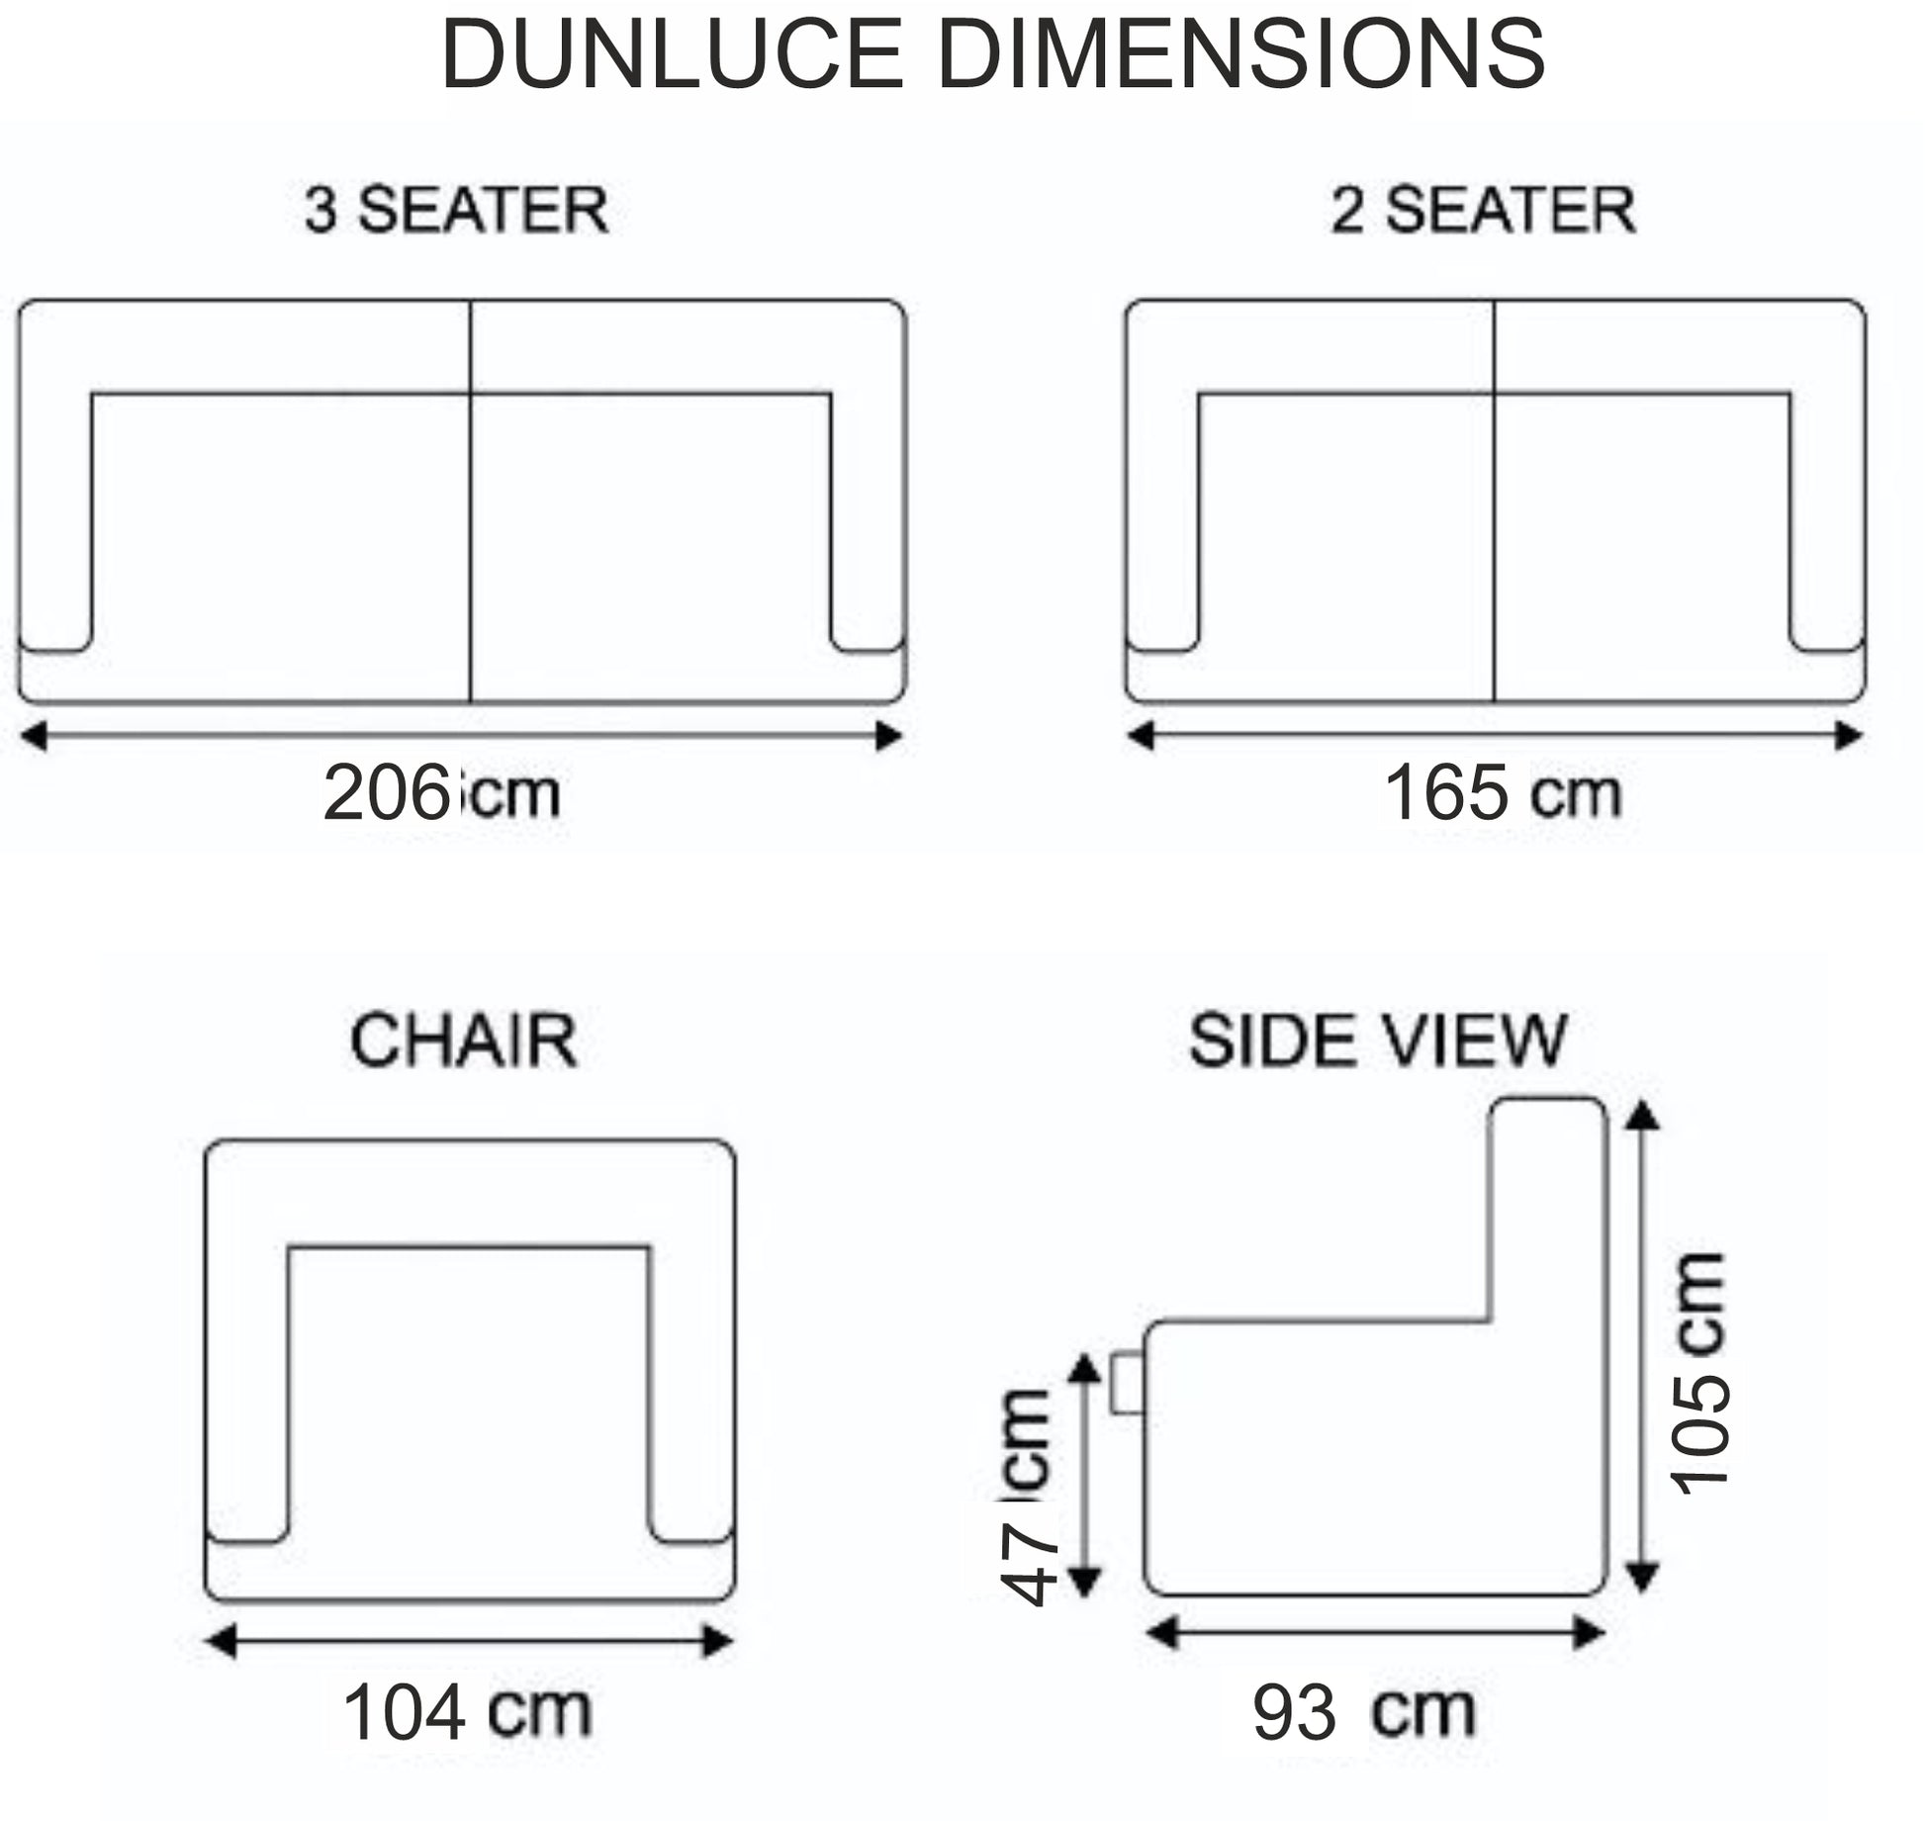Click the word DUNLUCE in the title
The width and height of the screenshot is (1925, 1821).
(x=672, y=54)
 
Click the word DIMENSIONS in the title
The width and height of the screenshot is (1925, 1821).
(x=1240, y=54)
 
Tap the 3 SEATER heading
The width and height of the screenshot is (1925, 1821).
(x=456, y=210)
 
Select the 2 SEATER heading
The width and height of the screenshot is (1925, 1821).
(x=1483, y=210)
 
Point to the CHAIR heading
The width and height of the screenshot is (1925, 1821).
(x=464, y=1041)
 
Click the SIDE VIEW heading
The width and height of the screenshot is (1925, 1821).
(x=1378, y=1041)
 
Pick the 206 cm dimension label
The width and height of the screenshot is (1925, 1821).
(x=441, y=793)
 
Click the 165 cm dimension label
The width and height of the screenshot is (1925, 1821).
(x=1503, y=793)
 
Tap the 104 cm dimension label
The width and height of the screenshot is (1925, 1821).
(x=467, y=1712)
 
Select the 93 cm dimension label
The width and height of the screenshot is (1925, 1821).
(x=1364, y=1712)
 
